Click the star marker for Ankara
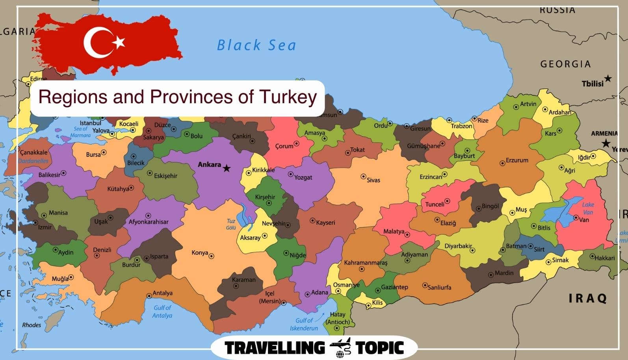[x=227, y=169]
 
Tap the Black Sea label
[x=256, y=45]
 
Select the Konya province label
[x=200, y=253]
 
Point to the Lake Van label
[x=588, y=208]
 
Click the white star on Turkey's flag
[x=119, y=42]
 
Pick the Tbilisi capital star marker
[x=608, y=79]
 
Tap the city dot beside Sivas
[x=363, y=176]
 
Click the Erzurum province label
[x=517, y=160]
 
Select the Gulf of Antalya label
[x=162, y=312]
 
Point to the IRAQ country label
[x=588, y=298]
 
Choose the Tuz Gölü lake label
[x=231, y=224]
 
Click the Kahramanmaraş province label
[x=366, y=263]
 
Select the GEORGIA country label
[x=565, y=64]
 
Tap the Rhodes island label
[x=32, y=325]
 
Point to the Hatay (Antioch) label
[x=338, y=318]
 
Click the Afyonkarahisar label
[x=149, y=222]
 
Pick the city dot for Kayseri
[x=312, y=221]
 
